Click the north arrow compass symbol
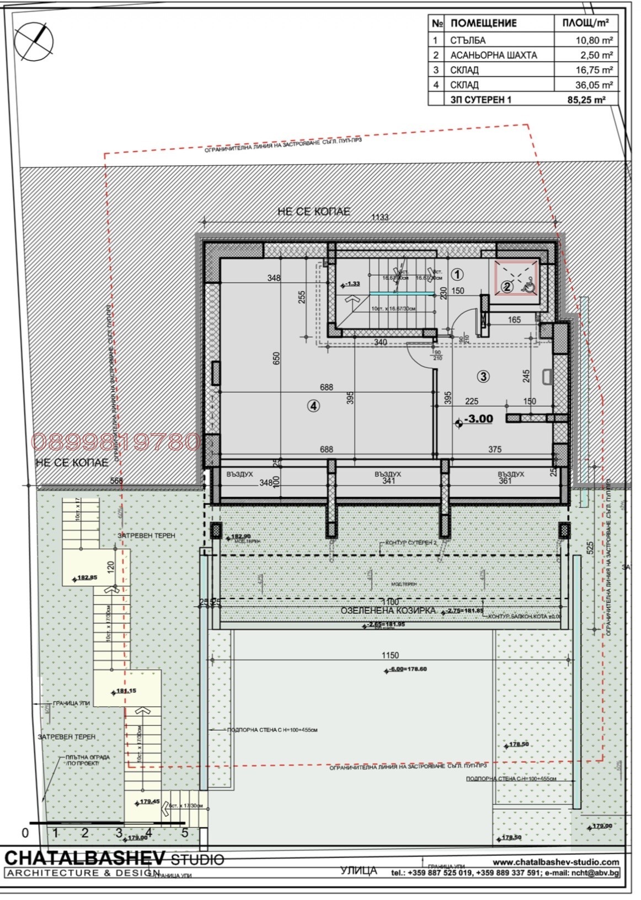35,41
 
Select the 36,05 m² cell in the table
587,85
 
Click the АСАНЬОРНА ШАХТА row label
493,55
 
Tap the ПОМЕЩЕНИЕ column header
483,23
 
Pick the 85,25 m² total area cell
586,100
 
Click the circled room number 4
313,406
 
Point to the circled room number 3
483,376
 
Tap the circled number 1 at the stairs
457,274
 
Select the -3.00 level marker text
478,419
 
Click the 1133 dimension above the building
380,217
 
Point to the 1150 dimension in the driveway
389,656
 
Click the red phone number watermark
116,442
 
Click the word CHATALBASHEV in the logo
85,858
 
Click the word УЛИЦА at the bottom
359,871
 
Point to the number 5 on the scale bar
185,833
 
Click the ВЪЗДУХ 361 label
510,477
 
